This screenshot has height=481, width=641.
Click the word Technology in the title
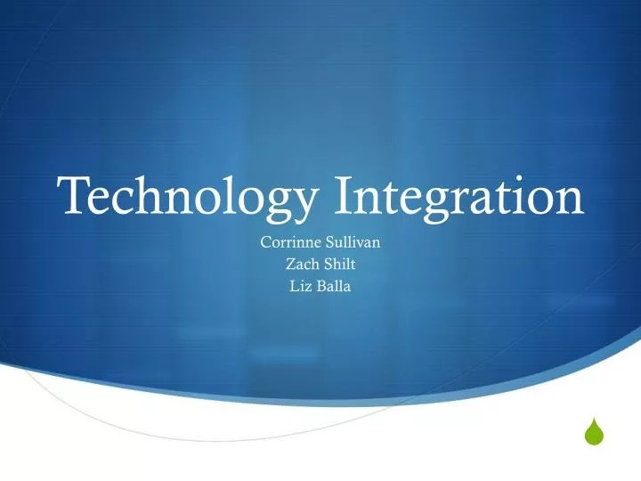click(x=187, y=197)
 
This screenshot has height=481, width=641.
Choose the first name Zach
click(x=300, y=264)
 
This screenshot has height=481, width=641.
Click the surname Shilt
click(x=341, y=264)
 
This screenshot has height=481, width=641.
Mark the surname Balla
click(x=335, y=286)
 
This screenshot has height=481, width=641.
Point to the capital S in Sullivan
click(x=329, y=241)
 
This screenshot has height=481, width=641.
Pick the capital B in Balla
click(x=320, y=286)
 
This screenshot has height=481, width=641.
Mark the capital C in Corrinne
click(x=265, y=241)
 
